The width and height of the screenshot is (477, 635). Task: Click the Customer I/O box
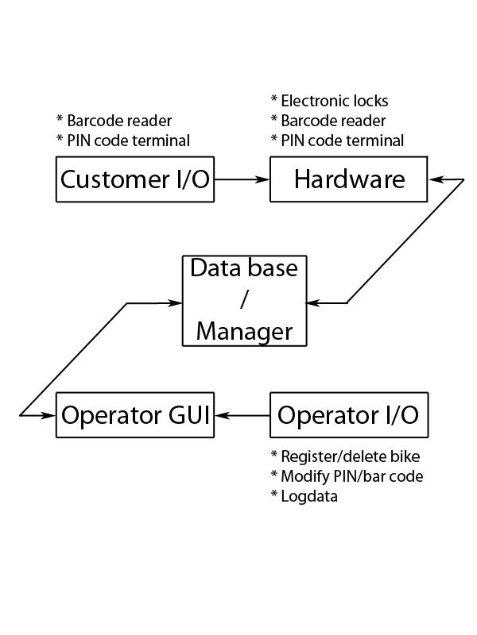pyautogui.click(x=135, y=179)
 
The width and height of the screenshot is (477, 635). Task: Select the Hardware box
pyautogui.click(x=349, y=179)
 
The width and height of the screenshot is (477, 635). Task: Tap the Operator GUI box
pyautogui.click(x=135, y=415)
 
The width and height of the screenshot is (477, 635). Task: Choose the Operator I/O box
pyautogui.click(x=349, y=415)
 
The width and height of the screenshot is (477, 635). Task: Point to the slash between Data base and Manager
pyautogui.click(x=244, y=300)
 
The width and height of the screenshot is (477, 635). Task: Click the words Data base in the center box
pyautogui.click(x=244, y=268)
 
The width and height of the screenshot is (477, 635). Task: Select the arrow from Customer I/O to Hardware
pyautogui.click(x=242, y=179)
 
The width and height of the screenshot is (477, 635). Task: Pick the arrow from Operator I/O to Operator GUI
pyautogui.click(x=242, y=415)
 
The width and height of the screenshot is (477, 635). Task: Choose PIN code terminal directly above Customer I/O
pyautogui.click(x=123, y=140)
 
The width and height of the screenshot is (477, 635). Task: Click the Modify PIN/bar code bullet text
pyautogui.click(x=347, y=476)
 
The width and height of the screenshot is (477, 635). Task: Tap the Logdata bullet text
pyautogui.click(x=305, y=496)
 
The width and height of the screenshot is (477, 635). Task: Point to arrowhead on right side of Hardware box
pyautogui.click(x=437, y=179)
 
